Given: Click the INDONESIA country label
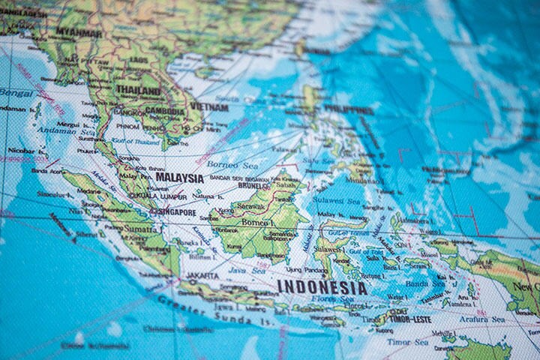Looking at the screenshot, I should [x=322, y=287].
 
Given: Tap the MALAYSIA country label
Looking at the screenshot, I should [x=179, y=178].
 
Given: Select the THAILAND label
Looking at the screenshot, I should [x=138, y=91].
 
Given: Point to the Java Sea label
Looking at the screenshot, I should [x=247, y=269].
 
